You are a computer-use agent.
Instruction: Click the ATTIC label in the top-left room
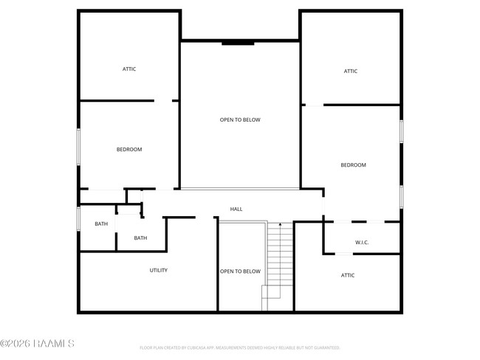[x=129, y=69]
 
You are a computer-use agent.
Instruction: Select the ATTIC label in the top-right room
[x=351, y=72]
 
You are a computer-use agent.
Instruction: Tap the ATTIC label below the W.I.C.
[x=348, y=275]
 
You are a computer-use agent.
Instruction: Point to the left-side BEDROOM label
[x=129, y=150]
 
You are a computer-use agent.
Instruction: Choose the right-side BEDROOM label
[x=353, y=165]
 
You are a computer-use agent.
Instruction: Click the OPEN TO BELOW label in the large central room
[x=240, y=120]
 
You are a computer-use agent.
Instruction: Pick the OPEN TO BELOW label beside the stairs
[x=240, y=271]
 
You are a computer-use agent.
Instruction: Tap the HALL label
[x=236, y=209]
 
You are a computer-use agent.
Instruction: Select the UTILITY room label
[x=159, y=270]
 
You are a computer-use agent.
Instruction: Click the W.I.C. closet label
[x=362, y=242]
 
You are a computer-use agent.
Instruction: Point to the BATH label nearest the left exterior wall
[x=101, y=224]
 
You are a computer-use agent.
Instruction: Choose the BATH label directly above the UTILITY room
[x=140, y=238]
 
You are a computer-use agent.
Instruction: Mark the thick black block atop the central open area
[x=238, y=43]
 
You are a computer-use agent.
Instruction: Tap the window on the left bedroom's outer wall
[x=78, y=147]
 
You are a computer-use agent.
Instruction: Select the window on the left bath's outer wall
[x=78, y=218]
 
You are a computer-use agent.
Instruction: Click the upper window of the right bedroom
[x=401, y=131]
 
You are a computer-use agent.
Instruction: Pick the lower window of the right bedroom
[x=401, y=196]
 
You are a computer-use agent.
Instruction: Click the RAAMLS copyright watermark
[x=38, y=343]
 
